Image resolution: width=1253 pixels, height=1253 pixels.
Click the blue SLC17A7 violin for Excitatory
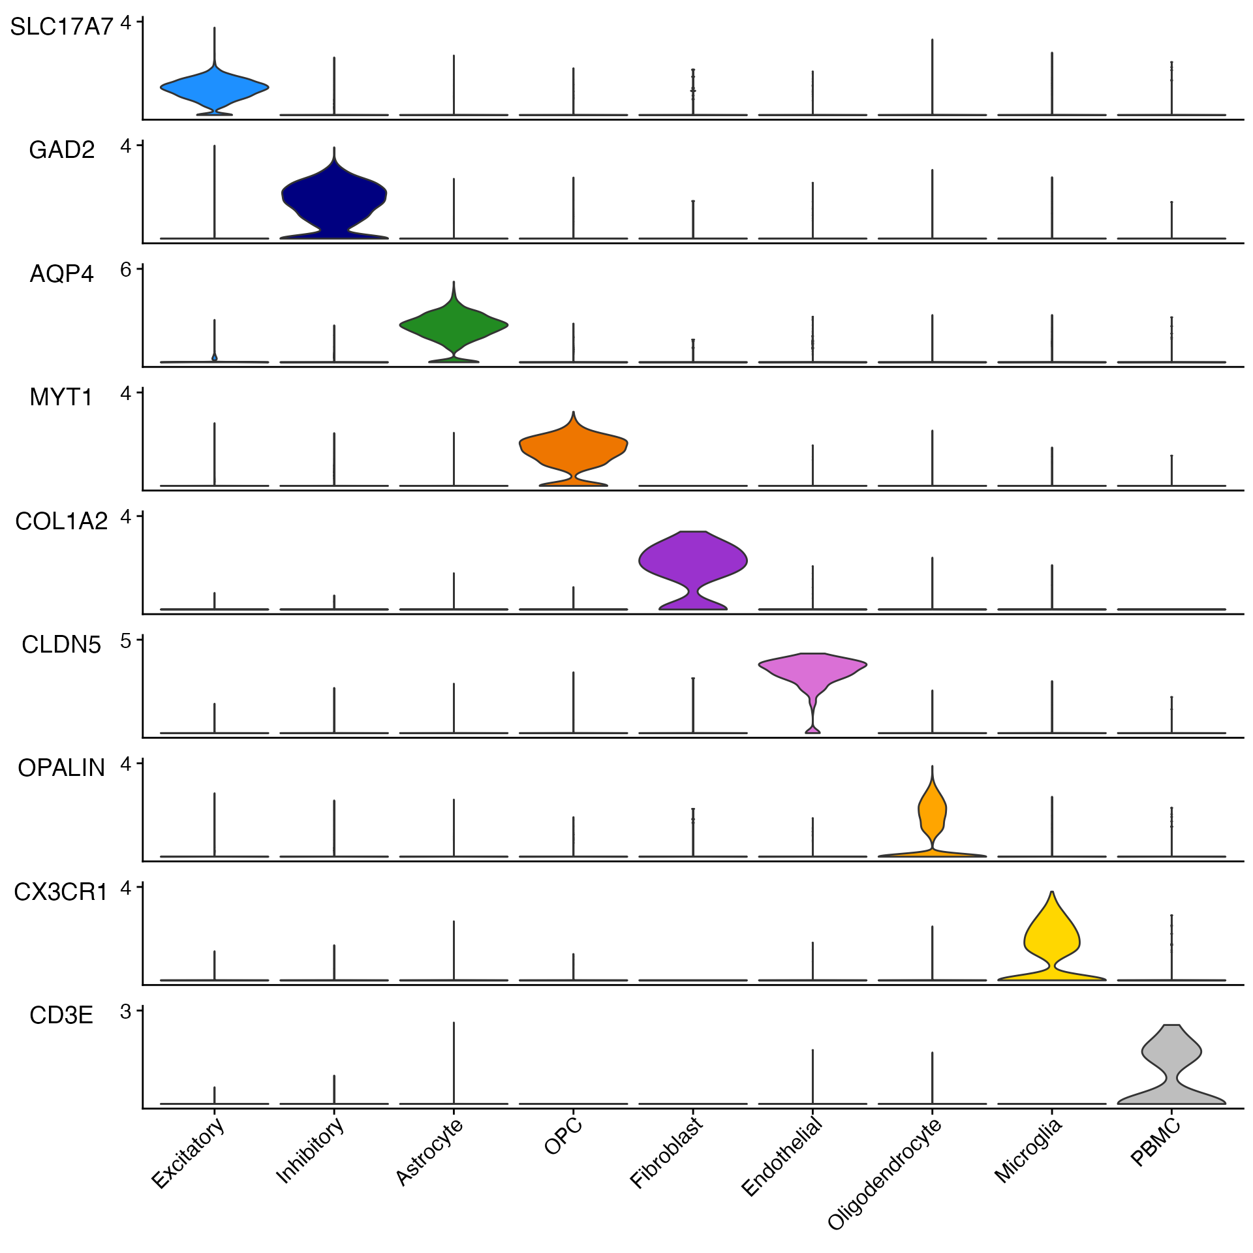point(214,87)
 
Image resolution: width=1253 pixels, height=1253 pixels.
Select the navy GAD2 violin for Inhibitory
point(334,196)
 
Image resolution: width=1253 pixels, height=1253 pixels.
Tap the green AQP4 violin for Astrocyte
point(454,325)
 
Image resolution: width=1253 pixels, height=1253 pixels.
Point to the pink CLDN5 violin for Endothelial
point(812,667)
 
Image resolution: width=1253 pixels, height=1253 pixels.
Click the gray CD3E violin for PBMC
point(1171,1054)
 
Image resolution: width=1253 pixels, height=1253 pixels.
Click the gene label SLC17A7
point(61,27)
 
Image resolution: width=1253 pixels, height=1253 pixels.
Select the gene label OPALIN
point(61,768)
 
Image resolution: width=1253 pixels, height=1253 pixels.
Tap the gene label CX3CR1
point(61,892)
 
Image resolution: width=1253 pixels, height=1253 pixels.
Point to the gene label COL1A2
point(61,521)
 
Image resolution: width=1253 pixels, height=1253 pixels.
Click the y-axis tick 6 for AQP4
point(126,269)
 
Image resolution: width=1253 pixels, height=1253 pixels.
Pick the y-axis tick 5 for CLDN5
point(126,640)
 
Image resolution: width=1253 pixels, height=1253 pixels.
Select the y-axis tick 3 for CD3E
point(126,1012)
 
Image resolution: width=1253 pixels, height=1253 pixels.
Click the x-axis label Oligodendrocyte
point(885,1173)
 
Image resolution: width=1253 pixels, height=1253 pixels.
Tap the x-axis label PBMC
point(1156,1142)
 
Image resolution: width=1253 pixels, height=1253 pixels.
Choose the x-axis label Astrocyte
point(429,1151)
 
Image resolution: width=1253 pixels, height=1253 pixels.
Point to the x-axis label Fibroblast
point(666,1152)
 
